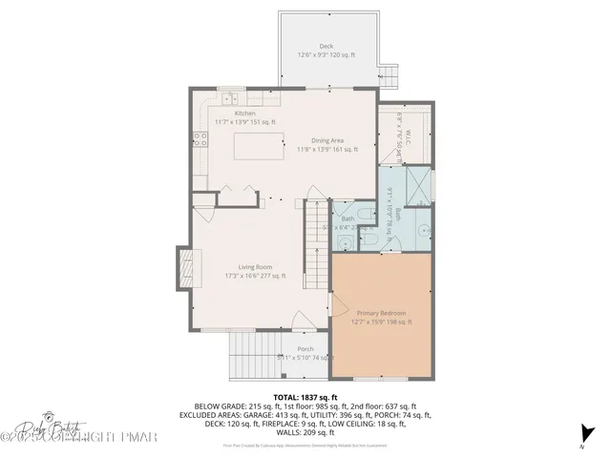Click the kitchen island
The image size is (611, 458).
pos(257,148)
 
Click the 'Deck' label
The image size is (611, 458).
pos(327,47)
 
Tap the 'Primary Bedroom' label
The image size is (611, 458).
pos(382,313)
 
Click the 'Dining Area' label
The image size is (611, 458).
pos(327,139)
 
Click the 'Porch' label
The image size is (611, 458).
pos(305,348)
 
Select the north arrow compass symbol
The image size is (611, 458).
pos(583,434)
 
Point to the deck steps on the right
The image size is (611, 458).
pos(388,73)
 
